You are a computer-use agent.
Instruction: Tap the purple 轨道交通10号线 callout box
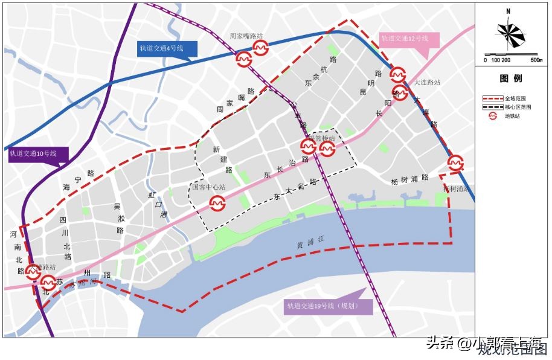click(x=33, y=154)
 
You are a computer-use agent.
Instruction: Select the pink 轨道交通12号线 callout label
click(x=405, y=38)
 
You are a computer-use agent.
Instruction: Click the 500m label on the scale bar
click(x=536, y=60)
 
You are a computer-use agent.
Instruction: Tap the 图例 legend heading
click(x=510, y=79)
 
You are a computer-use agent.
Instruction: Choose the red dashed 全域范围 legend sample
click(x=493, y=98)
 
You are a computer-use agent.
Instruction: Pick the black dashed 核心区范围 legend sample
click(x=493, y=107)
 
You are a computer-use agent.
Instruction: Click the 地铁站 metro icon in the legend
click(x=493, y=116)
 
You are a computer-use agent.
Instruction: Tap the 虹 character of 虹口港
click(x=152, y=195)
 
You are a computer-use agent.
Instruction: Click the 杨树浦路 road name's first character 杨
click(x=394, y=181)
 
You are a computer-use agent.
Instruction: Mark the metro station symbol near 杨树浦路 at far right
click(x=455, y=162)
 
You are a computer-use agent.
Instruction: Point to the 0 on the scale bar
click(x=486, y=60)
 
